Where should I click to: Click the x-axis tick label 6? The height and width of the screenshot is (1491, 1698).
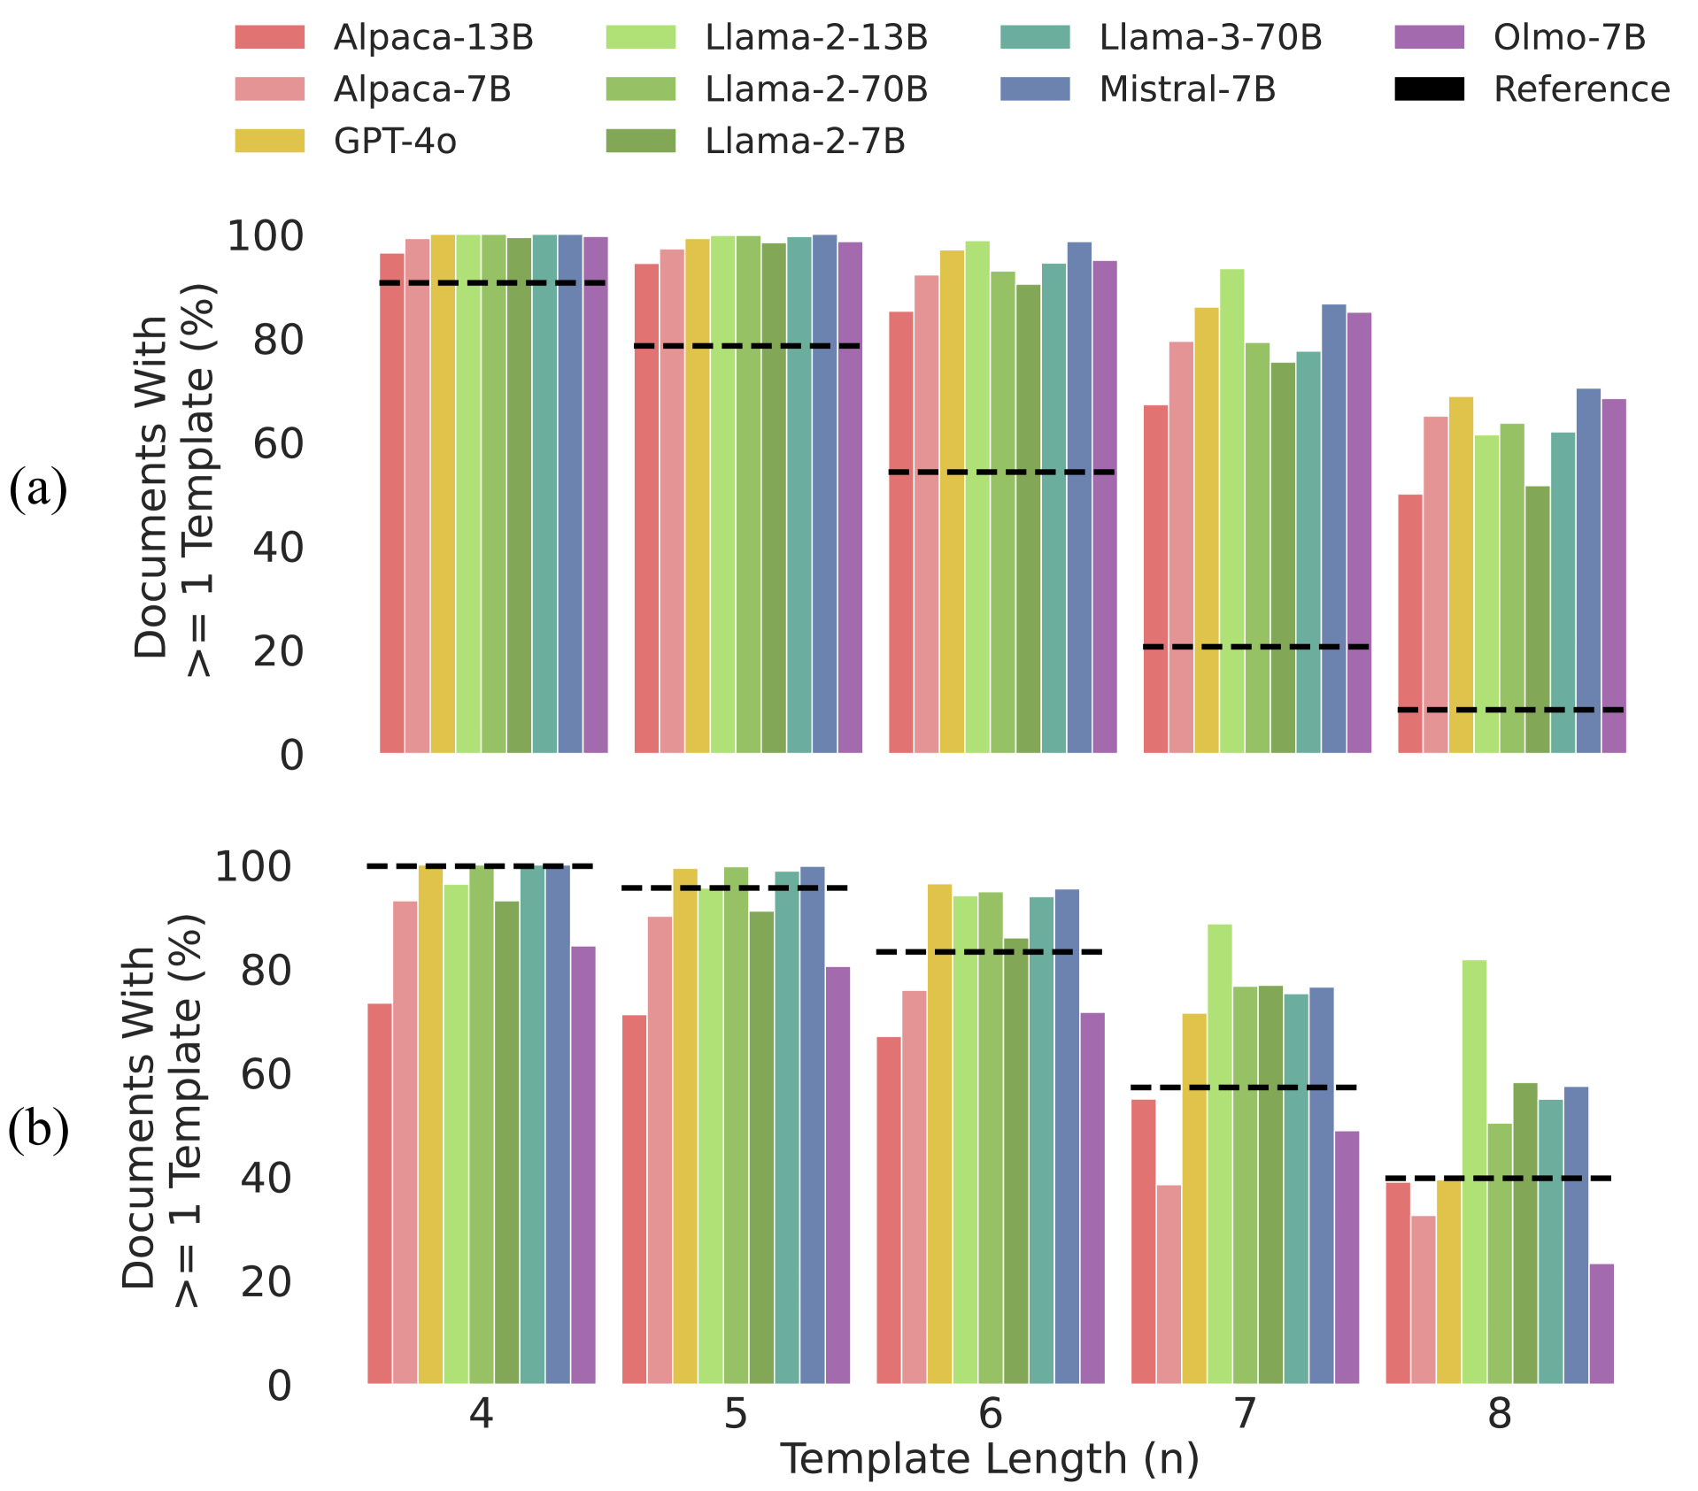tap(990, 1414)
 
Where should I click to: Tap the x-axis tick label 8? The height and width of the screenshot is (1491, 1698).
tap(1499, 1414)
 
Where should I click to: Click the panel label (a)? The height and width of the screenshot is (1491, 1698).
tap(38, 489)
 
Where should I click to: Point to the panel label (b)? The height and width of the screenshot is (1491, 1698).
tap(38, 1130)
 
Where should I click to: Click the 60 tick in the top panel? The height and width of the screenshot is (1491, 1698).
tap(278, 444)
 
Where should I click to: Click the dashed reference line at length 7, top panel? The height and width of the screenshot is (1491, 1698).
tap(1256, 647)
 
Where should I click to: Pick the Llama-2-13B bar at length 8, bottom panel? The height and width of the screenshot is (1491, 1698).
tap(1474, 1172)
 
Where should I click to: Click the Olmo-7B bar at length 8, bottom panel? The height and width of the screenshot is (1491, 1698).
tap(1602, 1324)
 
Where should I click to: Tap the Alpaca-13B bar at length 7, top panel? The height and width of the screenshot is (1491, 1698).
tap(1155, 580)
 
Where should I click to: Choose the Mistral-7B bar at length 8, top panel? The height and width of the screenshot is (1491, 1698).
tap(1588, 571)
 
